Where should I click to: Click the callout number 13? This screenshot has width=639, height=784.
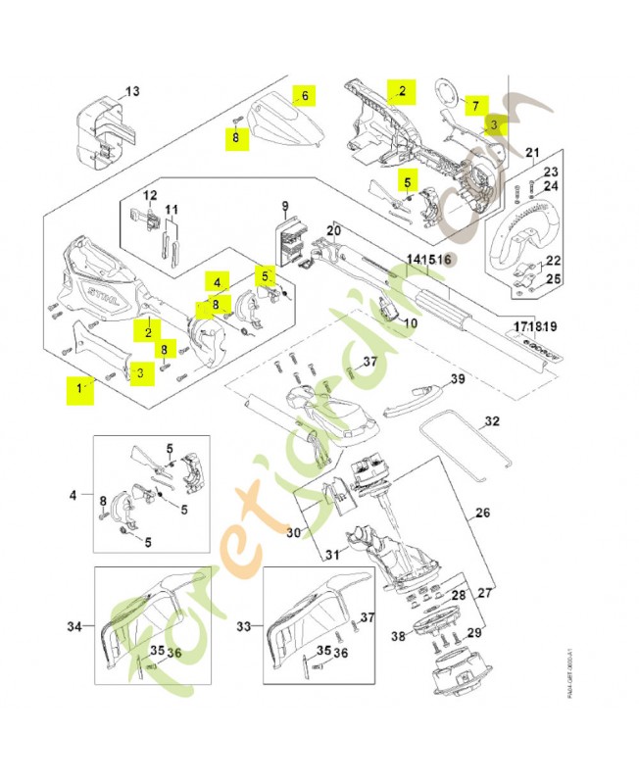pos(133,91)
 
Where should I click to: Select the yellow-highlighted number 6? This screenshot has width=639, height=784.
pos(305,96)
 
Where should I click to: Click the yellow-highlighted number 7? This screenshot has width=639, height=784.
pos(473,105)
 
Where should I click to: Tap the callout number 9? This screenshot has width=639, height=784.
pos(285,206)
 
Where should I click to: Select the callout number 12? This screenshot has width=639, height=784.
pos(151,195)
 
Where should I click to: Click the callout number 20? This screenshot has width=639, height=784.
pos(333,231)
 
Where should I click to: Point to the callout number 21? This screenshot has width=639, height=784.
pos(532,152)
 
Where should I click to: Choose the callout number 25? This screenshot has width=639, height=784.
pos(553,279)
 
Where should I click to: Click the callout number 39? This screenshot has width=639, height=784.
pos(457,379)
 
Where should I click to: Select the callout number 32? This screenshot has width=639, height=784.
pos(492,421)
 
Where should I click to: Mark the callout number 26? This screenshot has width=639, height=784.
pos(482,512)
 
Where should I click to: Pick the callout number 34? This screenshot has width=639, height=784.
pos(74,625)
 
